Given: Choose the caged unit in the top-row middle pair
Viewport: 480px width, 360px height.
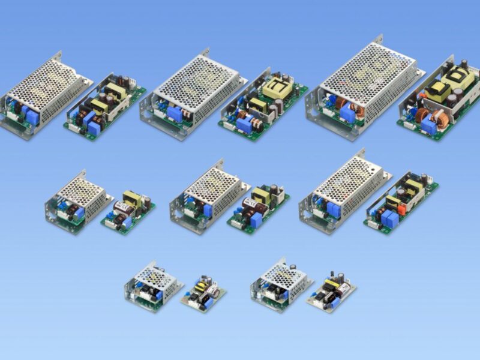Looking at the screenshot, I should [x=191, y=96].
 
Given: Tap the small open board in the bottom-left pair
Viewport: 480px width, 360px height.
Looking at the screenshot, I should [x=203, y=293].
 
